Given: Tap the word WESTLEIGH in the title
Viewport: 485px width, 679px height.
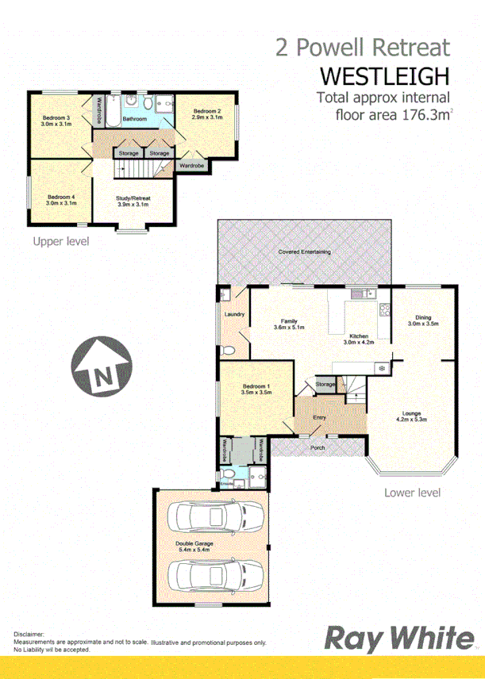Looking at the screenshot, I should [385, 76].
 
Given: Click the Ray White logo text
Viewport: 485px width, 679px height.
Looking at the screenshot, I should [395, 639].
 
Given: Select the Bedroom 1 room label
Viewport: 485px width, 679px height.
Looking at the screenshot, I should [256, 389].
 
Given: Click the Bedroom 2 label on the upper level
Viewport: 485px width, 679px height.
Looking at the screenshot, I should [207, 113].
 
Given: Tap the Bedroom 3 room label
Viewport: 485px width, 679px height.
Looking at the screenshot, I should [57, 121].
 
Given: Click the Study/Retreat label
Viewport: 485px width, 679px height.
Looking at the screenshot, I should [133, 200].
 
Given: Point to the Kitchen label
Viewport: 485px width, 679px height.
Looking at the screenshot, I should [357, 337].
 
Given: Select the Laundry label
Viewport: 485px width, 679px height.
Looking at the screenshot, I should [233, 315].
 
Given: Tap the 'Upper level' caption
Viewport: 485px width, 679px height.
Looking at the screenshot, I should [60, 241].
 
